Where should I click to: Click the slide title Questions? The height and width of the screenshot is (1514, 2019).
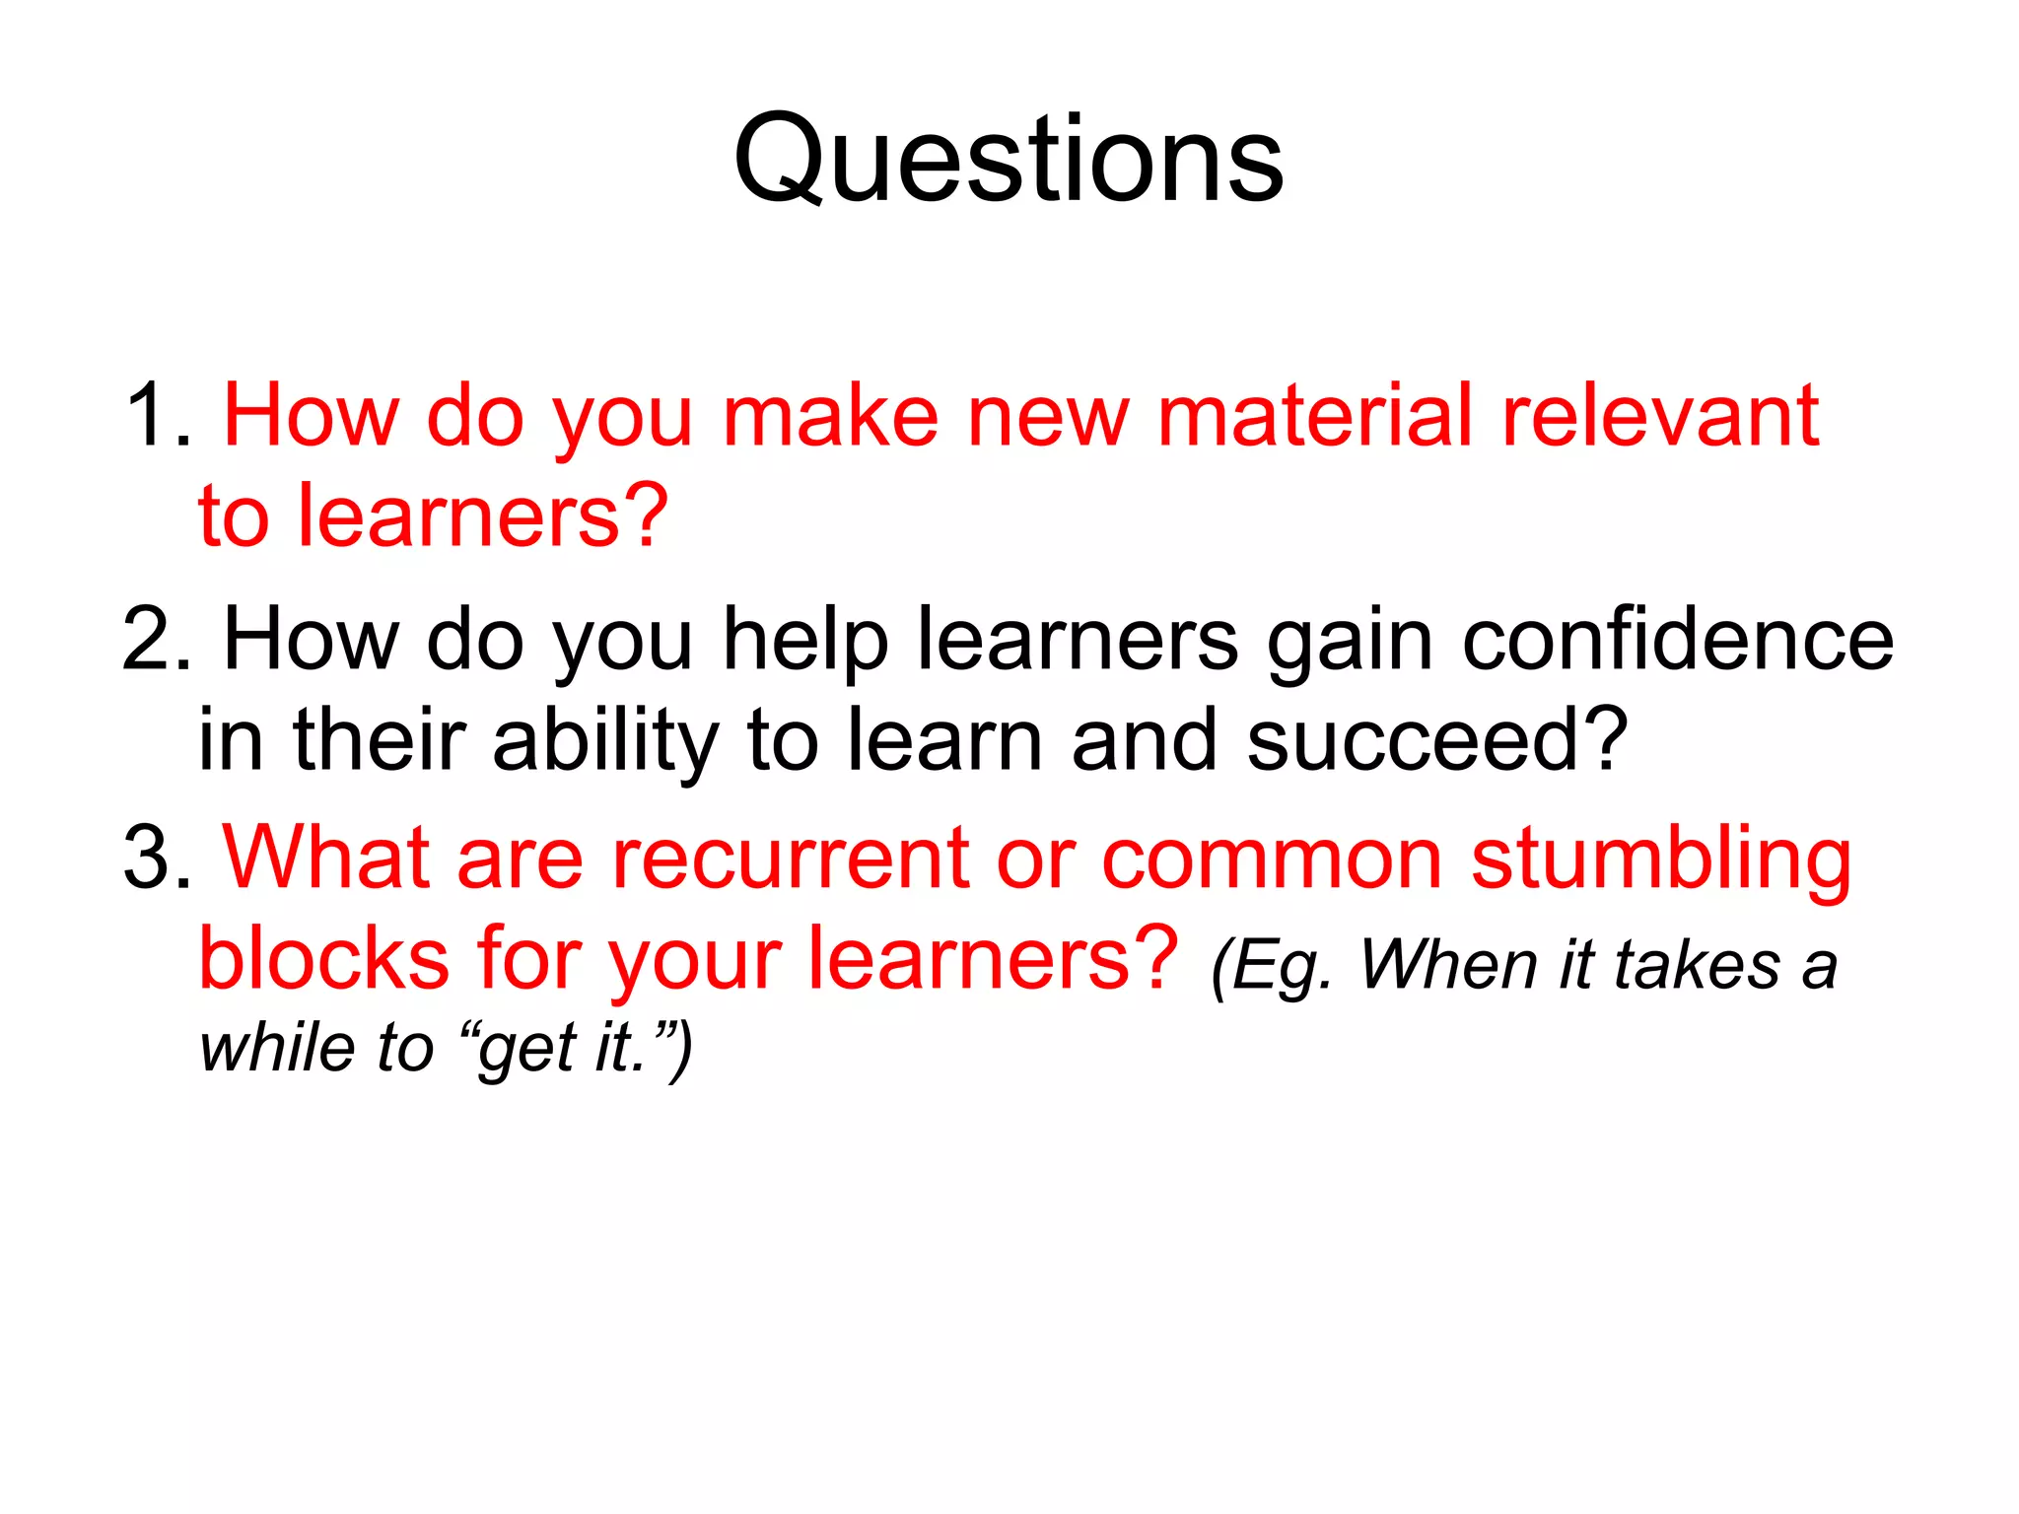click(x=1009, y=161)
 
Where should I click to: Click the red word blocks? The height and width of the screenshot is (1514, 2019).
click(x=323, y=958)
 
